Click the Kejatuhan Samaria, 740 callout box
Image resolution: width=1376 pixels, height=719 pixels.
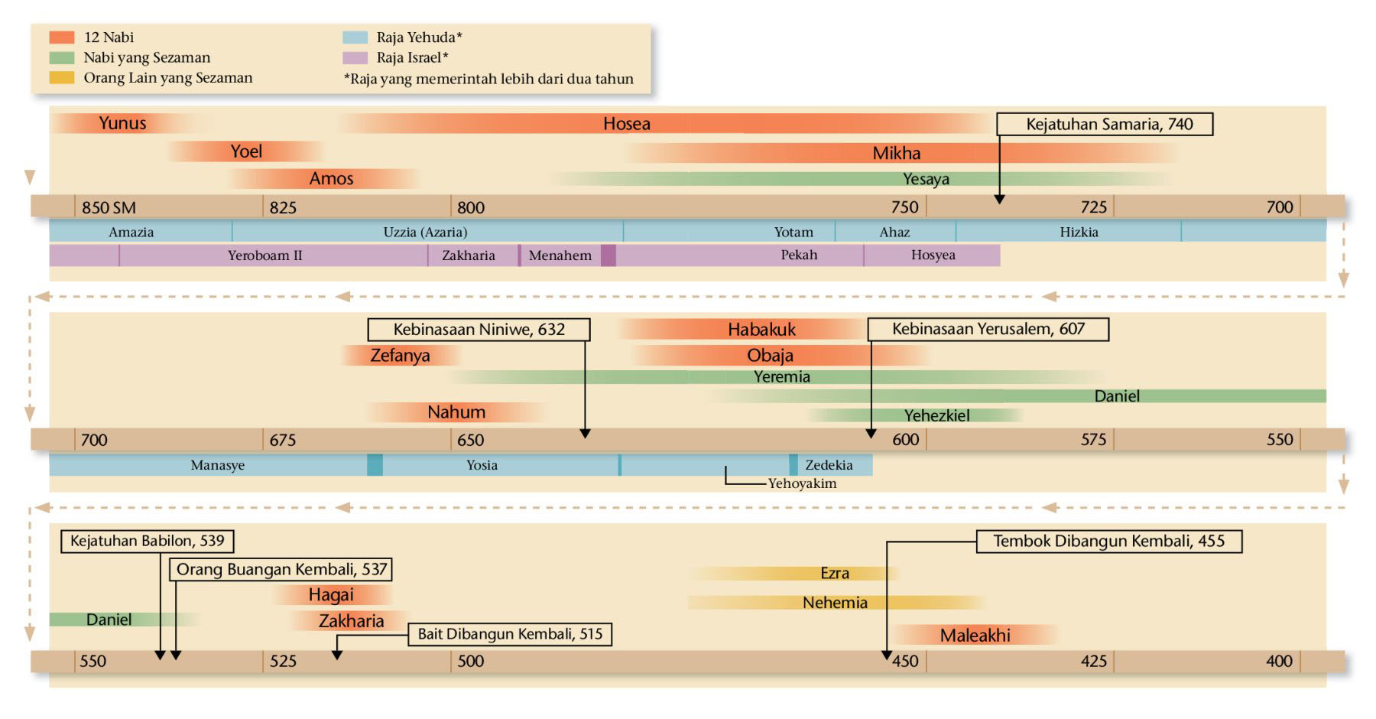click(1105, 124)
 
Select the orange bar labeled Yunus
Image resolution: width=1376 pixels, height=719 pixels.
click(122, 123)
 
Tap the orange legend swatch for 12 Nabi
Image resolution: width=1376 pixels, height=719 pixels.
click(62, 37)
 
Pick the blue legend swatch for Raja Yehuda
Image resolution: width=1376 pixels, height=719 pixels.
click(355, 37)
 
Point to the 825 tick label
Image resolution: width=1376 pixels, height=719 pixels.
click(283, 207)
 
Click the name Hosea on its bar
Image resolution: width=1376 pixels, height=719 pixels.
click(626, 124)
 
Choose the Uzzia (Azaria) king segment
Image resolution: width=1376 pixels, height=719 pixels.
click(425, 232)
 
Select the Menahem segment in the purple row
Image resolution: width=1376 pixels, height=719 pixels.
click(560, 255)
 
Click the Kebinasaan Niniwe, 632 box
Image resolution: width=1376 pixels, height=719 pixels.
click(479, 330)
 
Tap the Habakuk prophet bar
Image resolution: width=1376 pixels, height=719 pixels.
click(761, 330)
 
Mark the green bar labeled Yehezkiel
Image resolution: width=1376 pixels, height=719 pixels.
click(936, 415)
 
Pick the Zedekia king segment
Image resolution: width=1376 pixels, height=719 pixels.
click(829, 465)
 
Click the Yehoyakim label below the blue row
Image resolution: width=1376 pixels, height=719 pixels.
click(802, 483)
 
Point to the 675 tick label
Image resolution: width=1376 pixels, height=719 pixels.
click(283, 440)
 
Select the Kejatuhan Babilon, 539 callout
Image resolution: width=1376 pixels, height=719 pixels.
click(147, 541)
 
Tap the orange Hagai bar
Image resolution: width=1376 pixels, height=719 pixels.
click(331, 595)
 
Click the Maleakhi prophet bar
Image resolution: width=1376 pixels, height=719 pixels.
click(975, 635)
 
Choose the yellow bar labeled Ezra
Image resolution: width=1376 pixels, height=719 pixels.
click(834, 573)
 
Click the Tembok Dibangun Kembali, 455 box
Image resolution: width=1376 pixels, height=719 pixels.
click(1108, 542)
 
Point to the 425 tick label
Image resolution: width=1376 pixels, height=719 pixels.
click(1094, 661)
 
